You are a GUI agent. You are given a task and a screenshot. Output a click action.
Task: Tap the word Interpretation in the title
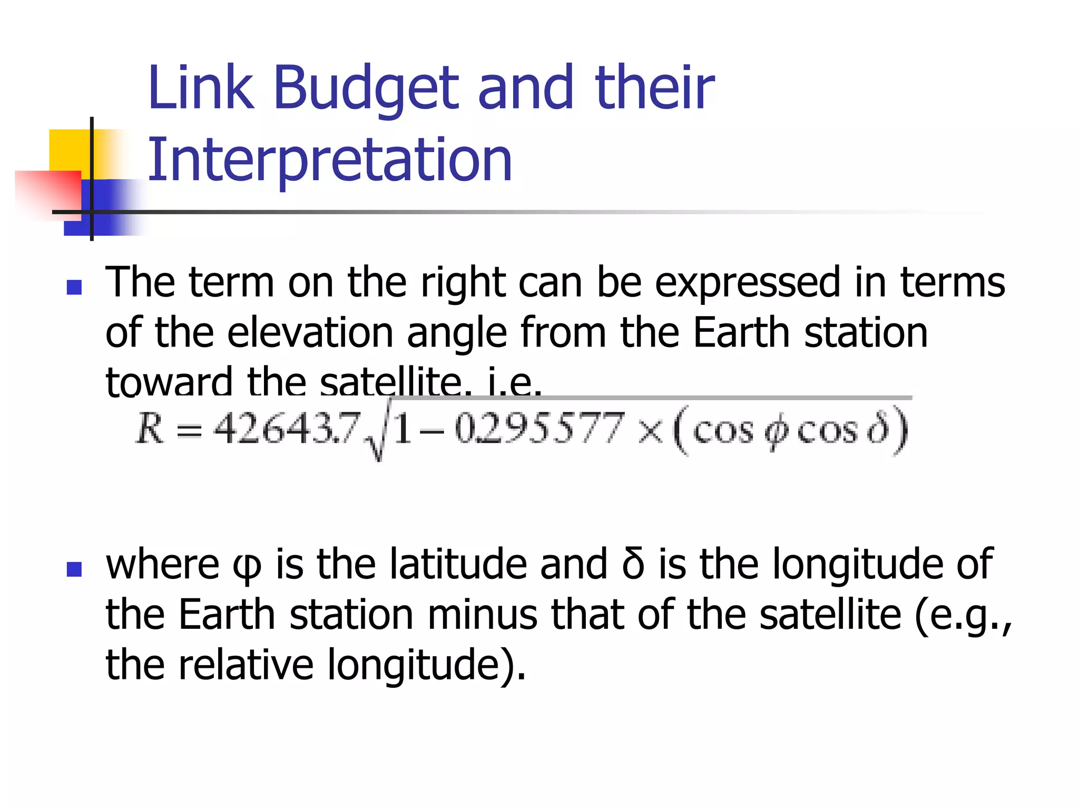pyautogui.click(x=330, y=160)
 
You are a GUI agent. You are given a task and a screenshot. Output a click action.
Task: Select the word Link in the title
pyautogui.click(x=200, y=88)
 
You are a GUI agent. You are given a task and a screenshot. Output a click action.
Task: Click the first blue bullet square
pyautogui.click(x=74, y=287)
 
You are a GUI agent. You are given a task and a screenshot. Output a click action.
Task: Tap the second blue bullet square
pyautogui.click(x=74, y=569)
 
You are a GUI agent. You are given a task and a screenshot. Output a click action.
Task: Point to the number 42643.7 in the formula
pyautogui.click(x=287, y=428)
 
